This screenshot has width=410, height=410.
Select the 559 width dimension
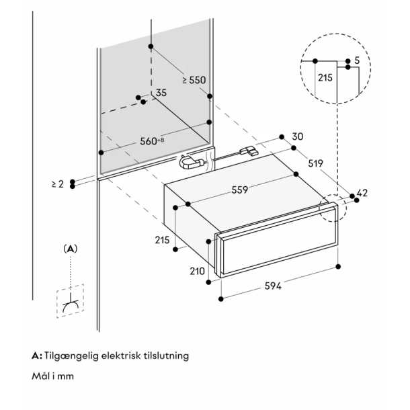pyautogui.click(x=236, y=190)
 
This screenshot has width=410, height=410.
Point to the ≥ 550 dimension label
pyautogui.click(x=194, y=80)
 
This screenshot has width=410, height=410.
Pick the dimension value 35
pyautogui.click(x=161, y=93)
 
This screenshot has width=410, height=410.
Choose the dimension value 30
pyautogui.click(x=298, y=137)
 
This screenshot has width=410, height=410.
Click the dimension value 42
pyautogui.click(x=363, y=194)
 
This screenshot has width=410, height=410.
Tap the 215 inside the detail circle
pyautogui.click(x=325, y=78)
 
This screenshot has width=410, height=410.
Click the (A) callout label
pyautogui.click(x=71, y=248)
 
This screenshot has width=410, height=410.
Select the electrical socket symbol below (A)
pyautogui.click(x=70, y=305)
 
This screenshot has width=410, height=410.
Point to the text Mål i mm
pyautogui.click(x=52, y=376)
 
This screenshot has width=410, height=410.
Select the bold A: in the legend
pyautogui.click(x=37, y=355)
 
